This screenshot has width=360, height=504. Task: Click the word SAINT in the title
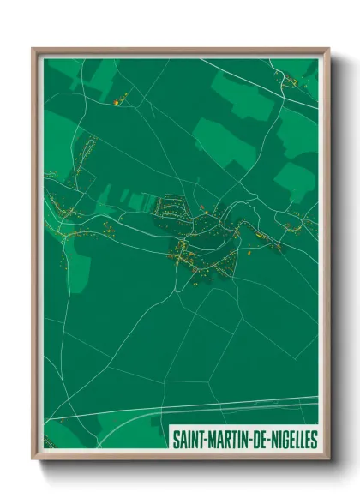click(188, 440)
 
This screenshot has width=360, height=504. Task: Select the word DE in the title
click(256, 440)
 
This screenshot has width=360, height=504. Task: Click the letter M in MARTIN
click(210, 440)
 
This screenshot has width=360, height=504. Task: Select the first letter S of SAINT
click(176, 440)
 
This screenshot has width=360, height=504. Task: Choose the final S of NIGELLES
click(314, 440)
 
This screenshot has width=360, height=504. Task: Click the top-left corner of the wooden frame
click(33, 49)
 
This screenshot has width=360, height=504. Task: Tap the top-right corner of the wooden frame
click(328, 49)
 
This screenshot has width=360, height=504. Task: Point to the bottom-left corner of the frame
click(33, 459)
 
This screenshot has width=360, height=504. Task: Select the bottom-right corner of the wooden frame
click(328, 459)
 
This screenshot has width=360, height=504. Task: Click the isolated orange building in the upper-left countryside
click(116, 103)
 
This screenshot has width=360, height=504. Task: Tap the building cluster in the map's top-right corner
click(291, 82)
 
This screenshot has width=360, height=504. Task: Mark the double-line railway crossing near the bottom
click(214, 405)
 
